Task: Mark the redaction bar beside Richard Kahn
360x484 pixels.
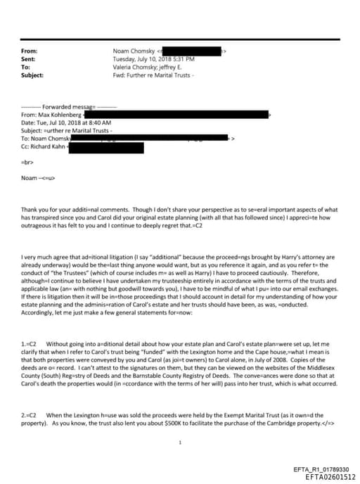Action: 105,148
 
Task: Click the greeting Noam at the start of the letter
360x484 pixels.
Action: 29,177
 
